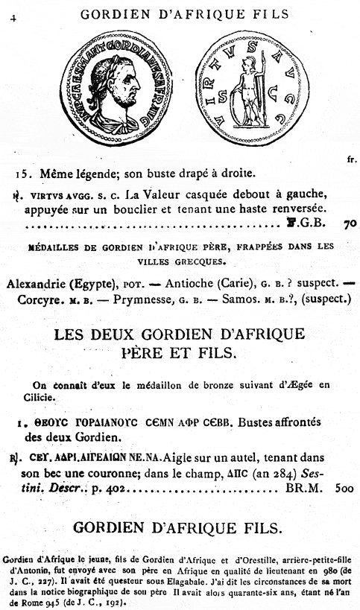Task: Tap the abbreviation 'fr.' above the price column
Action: [351, 159]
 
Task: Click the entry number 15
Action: [23, 174]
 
